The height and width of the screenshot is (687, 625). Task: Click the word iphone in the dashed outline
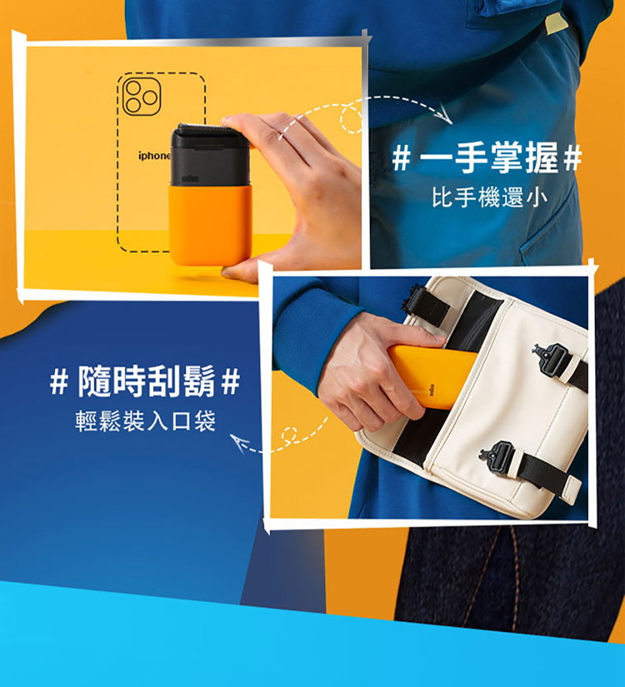point(154,156)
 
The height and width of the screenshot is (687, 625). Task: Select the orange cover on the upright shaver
point(211,225)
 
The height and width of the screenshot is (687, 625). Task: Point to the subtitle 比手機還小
point(489,197)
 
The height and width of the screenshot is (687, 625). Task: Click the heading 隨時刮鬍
point(147,381)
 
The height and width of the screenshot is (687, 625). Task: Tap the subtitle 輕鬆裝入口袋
point(146,421)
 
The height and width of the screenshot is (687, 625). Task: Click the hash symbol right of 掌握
point(572,158)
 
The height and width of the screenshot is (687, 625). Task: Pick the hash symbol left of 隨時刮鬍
point(59,382)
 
